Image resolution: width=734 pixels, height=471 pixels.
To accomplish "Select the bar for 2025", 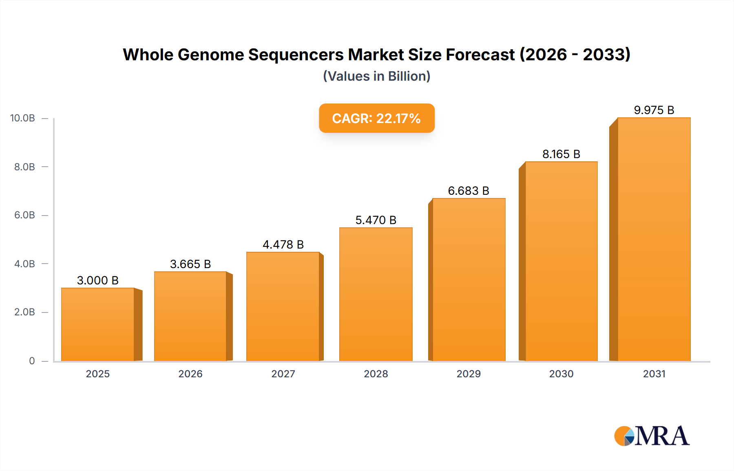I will [x=98, y=324].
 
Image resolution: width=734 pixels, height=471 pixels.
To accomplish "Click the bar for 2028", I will [x=376, y=294].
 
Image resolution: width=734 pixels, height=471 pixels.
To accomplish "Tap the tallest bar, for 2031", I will [x=654, y=240].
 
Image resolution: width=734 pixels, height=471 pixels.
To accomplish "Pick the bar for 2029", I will [x=469, y=280].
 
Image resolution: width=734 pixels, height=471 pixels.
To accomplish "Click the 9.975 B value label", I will [x=654, y=110].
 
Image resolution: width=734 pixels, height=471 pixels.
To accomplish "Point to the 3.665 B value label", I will [x=190, y=264].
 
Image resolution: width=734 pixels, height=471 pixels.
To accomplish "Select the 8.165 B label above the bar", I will [x=561, y=154].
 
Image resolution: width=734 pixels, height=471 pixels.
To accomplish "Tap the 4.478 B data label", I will [x=283, y=244].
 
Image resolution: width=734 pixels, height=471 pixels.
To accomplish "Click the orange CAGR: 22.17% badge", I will [x=376, y=118].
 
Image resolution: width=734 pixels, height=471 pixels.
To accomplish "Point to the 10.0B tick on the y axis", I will [x=23, y=118].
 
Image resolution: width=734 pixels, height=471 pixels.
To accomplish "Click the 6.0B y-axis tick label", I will [x=24, y=215].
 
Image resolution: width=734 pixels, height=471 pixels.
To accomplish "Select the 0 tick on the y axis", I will [x=32, y=361].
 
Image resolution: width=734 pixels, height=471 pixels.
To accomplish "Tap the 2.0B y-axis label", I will [x=24, y=312].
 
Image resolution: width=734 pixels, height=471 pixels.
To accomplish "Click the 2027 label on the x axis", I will [x=283, y=374].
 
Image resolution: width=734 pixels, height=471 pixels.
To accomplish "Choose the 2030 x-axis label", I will [x=561, y=374].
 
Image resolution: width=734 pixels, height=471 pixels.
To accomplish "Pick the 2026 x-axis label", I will [x=190, y=374].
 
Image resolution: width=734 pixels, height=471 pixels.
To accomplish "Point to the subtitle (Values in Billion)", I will [x=376, y=76].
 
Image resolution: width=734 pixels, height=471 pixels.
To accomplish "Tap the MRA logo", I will [x=652, y=436].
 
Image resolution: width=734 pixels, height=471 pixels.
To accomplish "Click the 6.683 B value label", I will [x=469, y=191].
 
